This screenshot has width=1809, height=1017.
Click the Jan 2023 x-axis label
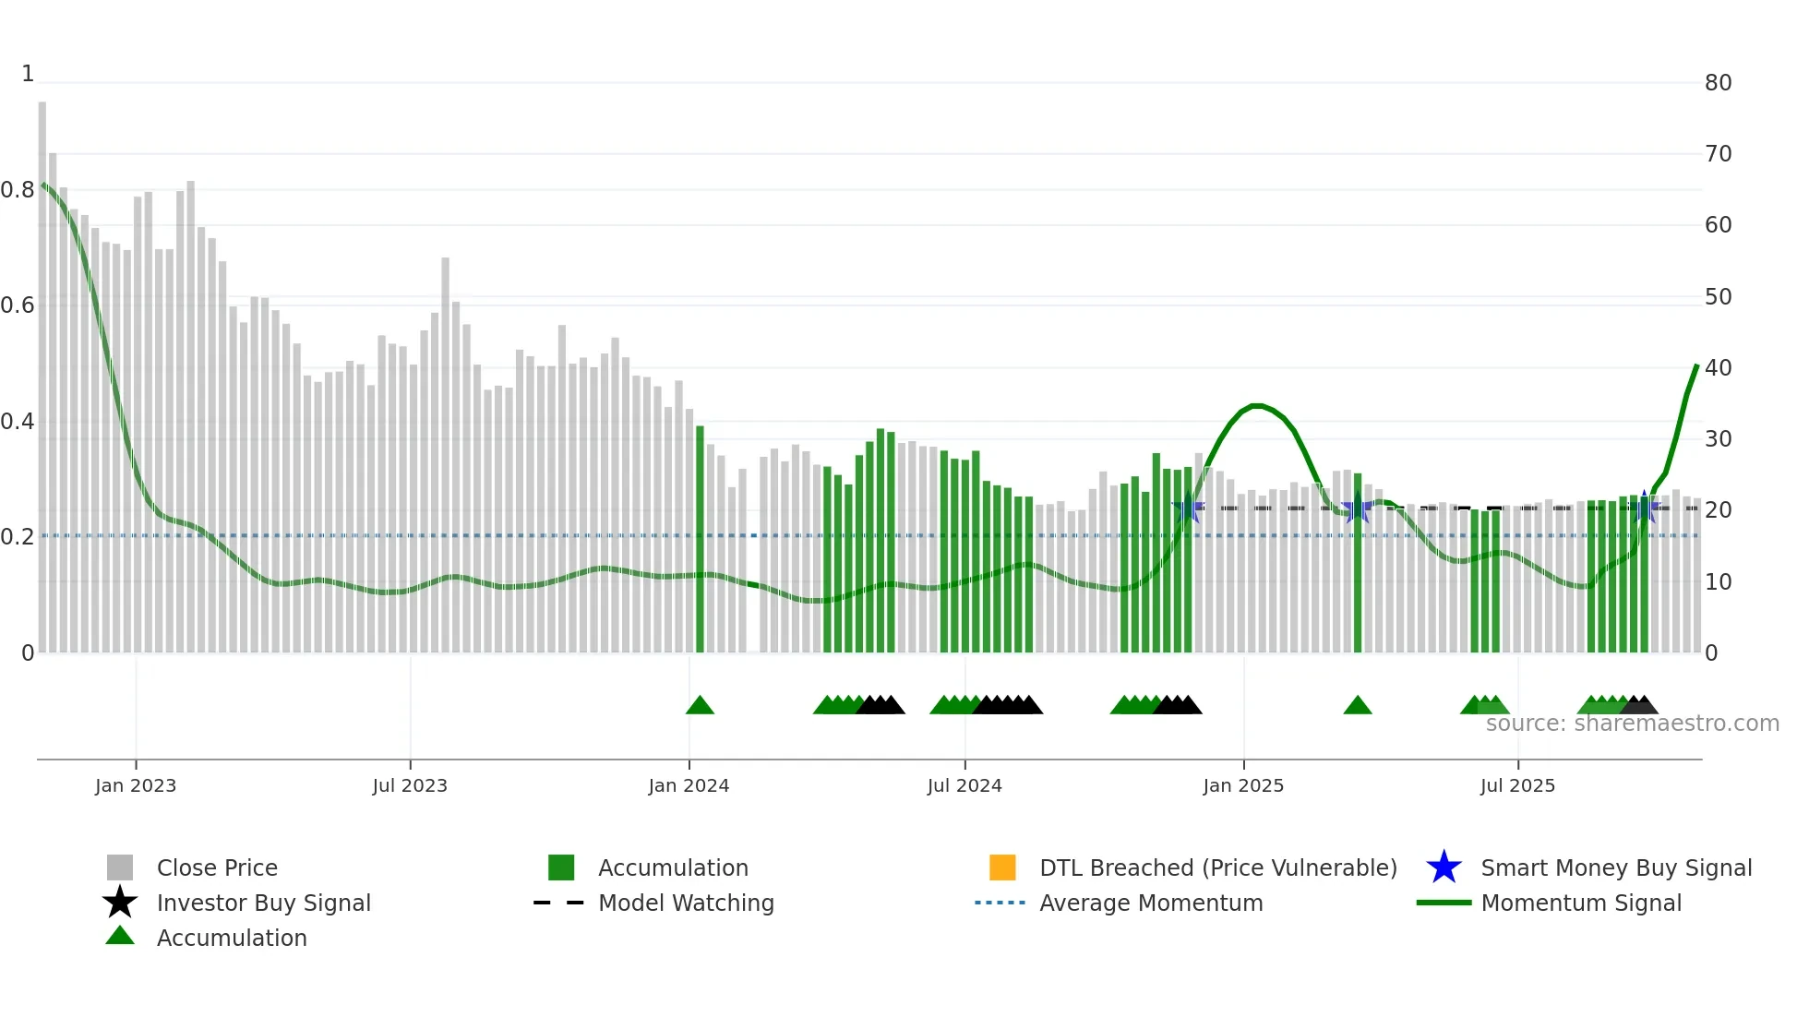[135, 785]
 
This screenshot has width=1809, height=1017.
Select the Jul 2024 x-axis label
[964, 785]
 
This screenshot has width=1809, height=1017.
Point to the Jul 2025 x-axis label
[1517, 785]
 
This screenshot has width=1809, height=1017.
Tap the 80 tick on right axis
[1718, 83]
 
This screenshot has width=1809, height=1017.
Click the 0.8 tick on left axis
[18, 190]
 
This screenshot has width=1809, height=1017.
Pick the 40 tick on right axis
[1718, 368]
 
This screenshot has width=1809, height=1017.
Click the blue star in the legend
[1444, 867]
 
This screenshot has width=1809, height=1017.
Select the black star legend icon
[120, 903]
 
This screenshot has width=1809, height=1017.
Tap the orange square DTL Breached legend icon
[1002, 867]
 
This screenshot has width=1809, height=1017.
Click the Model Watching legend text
[686, 903]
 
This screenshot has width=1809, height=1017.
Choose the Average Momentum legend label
[1151, 903]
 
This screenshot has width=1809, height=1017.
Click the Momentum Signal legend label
[1581, 903]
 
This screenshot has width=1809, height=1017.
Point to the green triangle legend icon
[120, 936]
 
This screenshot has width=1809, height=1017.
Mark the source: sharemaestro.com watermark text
[1632, 724]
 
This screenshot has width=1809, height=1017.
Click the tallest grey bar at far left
[42, 369]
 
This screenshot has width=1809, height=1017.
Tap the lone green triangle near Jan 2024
[700, 706]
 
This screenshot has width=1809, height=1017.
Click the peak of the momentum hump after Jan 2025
[1256, 405]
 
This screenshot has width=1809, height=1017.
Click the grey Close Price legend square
[120, 867]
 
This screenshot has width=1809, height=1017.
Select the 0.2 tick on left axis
[18, 537]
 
